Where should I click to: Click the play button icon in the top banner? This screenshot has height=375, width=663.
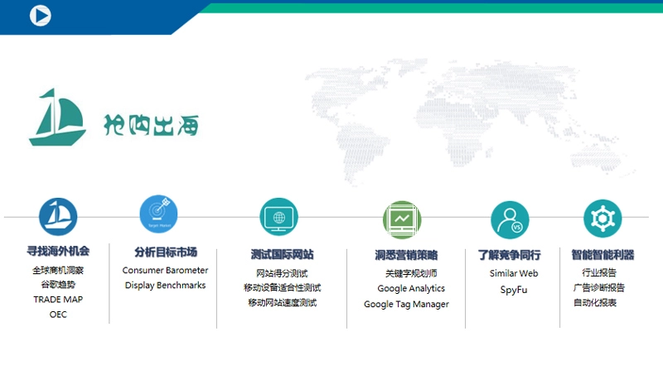point(40,15)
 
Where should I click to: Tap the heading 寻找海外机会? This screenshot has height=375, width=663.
point(58,251)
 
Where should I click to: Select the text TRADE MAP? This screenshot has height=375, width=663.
point(58,300)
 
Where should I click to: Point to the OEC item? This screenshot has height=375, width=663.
point(58,315)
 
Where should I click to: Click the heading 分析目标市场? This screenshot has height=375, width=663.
point(166,252)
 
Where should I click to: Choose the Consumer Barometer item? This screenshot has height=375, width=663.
point(166,271)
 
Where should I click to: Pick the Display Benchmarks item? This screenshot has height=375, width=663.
point(166,286)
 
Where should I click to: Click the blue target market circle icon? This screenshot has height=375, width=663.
point(157,214)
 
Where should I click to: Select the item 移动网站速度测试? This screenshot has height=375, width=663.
point(282,303)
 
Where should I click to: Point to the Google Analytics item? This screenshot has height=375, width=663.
point(411,289)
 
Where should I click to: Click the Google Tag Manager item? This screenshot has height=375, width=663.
point(406,305)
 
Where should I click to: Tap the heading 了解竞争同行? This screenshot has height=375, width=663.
point(510,255)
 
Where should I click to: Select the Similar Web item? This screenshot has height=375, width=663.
point(514,274)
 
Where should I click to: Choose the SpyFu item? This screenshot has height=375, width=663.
point(514,291)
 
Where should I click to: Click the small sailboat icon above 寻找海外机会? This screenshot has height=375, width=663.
point(58,217)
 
